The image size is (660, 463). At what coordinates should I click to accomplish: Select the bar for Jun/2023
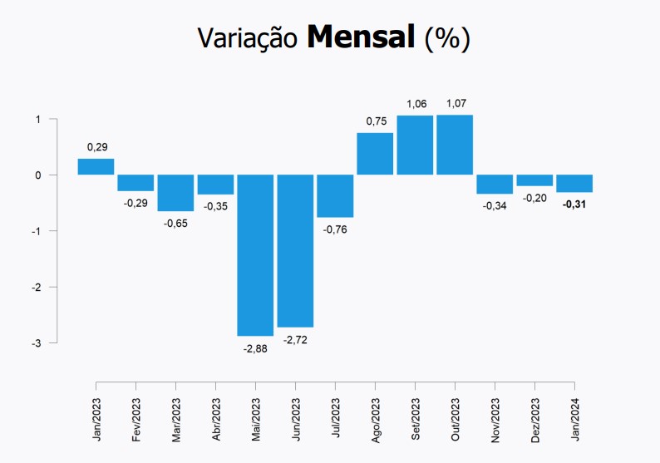coord(295,250)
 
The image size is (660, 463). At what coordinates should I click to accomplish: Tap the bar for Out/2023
coord(455,145)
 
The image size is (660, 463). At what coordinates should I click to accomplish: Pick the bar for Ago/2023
coord(375,154)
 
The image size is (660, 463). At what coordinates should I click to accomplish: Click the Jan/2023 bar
coord(96,166)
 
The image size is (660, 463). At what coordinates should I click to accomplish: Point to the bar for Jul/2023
coord(335,195)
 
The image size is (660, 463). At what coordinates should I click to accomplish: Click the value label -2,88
coord(255,347)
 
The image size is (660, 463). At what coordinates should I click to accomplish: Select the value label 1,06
coord(416,104)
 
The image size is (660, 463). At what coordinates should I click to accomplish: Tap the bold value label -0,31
coord(574,204)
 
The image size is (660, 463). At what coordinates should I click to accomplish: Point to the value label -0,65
coord(175,223)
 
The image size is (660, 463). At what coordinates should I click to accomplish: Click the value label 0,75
coord(377,121)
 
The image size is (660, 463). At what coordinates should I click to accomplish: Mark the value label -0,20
coord(534,198)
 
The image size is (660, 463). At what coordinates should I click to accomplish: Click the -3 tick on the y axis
coord(37,342)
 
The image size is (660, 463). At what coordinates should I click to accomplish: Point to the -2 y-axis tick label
coord(37,287)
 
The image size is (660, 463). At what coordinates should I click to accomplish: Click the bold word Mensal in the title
coord(361,37)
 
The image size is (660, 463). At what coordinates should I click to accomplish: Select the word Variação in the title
coord(248,39)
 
